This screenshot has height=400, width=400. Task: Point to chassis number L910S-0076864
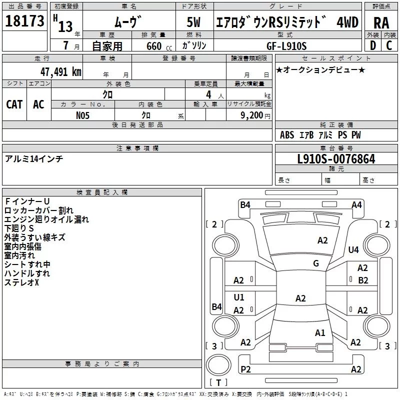[x=336, y=159]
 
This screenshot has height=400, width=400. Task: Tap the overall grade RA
[x=381, y=22]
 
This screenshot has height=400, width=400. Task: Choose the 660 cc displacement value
[x=154, y=46]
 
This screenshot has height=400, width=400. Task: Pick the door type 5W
[x=194, y=22]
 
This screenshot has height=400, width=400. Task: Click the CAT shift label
[x=14, y=104]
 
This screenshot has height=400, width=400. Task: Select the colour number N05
[x=83, y=115]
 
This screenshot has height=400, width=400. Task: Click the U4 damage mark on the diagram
[x=353, y=249]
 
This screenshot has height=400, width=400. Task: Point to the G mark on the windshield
[x=316, y=263]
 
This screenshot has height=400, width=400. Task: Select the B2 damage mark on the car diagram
[x=363, y=280]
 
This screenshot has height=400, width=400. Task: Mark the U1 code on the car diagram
[x=239, y=297]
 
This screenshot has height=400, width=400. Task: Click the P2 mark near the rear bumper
[x=245, y=369]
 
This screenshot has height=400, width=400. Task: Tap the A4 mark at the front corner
[x=356, y=204]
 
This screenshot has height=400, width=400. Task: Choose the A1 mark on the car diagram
[x=320, y=332]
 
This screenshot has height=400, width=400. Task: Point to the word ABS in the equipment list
[x=287, y=135]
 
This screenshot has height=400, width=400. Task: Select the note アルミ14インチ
[x=34, y=159]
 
